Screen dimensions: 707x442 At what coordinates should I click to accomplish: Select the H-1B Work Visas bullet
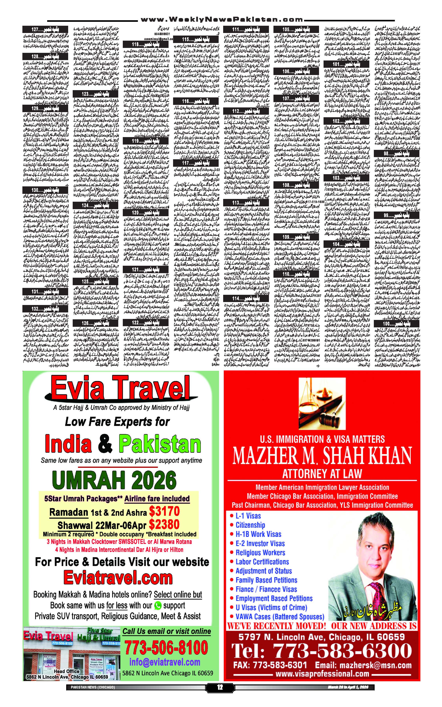click(x=258, y=534)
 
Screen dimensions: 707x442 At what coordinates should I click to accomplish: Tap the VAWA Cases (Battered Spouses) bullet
click(x=280, y=617)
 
